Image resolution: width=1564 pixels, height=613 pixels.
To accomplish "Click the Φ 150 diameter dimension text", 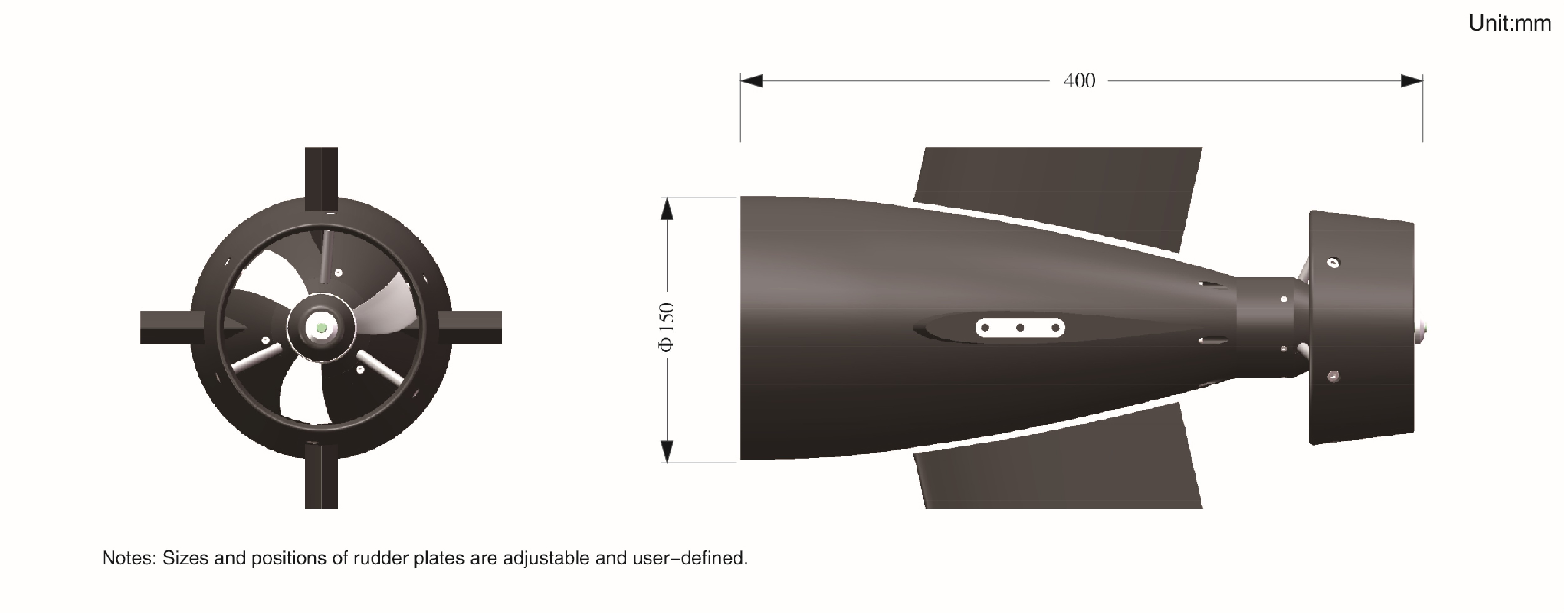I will click(x=667, y=328).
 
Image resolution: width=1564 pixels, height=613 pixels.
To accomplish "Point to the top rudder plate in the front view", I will click(x=321, y=176).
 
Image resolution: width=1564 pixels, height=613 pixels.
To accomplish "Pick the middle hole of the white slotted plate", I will click(x=1020, y=328).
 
